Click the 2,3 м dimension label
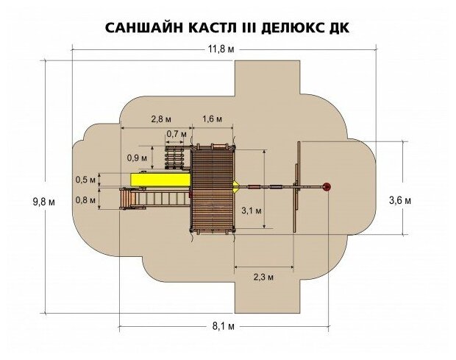[x=263, y=278]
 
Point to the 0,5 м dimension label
[x=85, y=180]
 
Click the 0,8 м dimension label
[x=85, y=199]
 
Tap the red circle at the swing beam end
[x=328, y=186]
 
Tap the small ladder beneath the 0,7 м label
[x=175, y=157]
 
